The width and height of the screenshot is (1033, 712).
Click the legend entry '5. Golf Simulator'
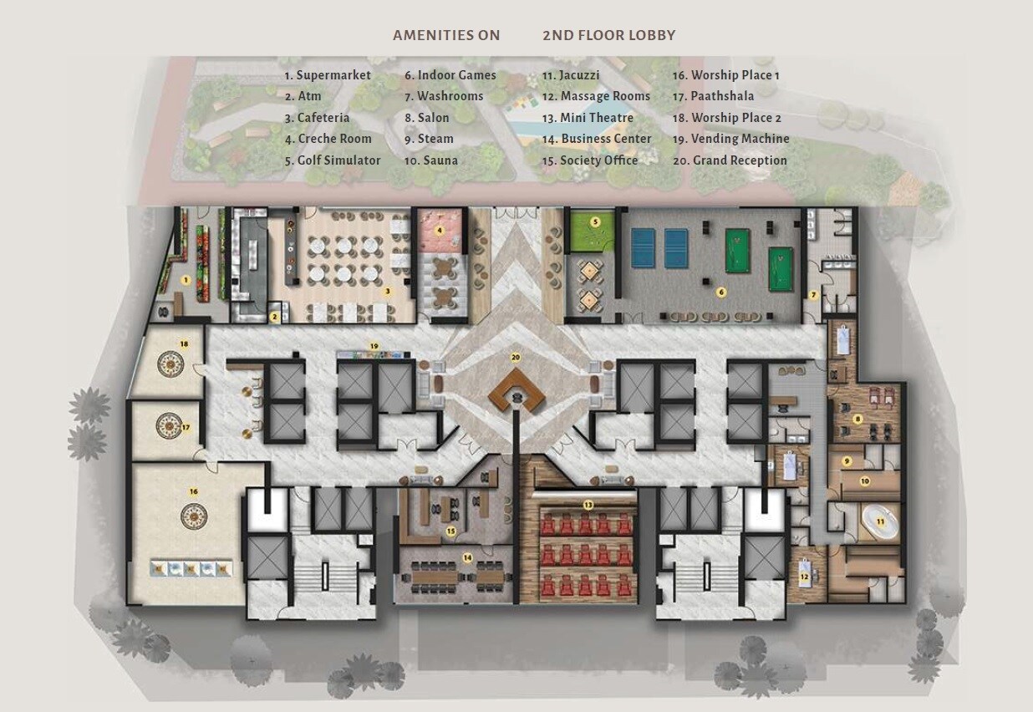pyautogui.click(x=332, y=160)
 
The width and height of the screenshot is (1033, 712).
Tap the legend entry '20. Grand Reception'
pyautogui.click(x=730, y=160)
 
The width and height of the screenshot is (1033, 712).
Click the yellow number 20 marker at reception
pyautogui.click(x=516, y=357)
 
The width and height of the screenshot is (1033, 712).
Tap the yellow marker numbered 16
pyautogui.click(x=193, y=491)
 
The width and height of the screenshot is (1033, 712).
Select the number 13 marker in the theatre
pyautogui.click(x=588, y=505)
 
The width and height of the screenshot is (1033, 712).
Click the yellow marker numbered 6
pyautogui.click(x=721, y=292)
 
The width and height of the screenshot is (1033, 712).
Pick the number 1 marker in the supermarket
pyautogui.click(x=186, y=279)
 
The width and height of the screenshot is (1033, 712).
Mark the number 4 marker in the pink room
pyautogui.click(x=440, y=229)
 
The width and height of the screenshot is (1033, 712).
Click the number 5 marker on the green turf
pyautogui.click(x=595, y=222)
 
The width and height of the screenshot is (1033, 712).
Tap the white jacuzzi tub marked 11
pyautogui.click(x=879, y=521)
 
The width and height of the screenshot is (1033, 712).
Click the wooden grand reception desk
pyautogui.click(x=516, y=392)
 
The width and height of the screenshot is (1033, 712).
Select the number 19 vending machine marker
pyautogui.click(x=374, y=345)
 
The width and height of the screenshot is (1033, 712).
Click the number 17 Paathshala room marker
pyautogui.click(x=186, y=427)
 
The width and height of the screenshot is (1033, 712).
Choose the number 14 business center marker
pyautogui.click(x=467, y=557)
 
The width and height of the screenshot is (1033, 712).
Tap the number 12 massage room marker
pyautogui.click(x=804, y=576)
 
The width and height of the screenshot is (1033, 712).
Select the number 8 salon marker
pyautogui.click(x=857, y=419)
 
